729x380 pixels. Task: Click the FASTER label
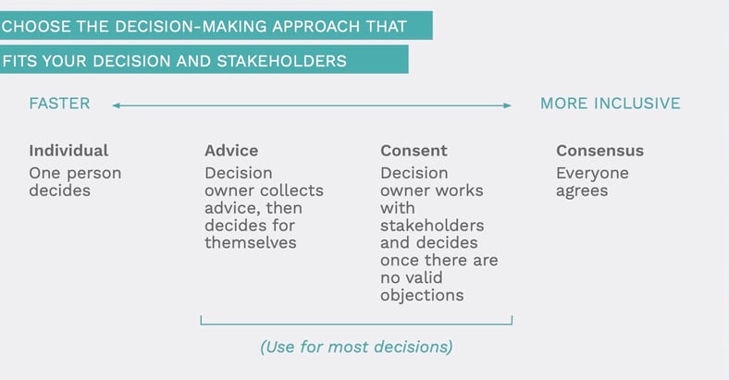59,104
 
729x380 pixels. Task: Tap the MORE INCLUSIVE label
610,104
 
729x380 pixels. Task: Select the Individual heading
68,151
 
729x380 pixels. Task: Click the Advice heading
231,151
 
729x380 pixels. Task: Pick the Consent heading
414,151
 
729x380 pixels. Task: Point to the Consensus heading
599,151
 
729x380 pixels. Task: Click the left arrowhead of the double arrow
116,105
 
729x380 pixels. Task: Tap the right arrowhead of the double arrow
507,105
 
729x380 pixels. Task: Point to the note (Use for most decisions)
356,347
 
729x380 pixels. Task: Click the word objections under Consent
422,295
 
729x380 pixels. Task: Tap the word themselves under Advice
251,242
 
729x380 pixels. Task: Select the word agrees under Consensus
583,190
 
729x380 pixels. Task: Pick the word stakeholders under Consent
432,226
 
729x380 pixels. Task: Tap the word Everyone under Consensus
592,173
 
